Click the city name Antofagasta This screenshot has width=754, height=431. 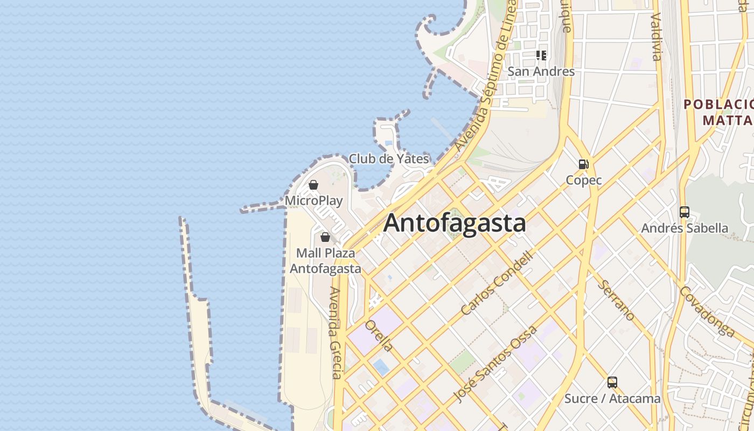pyautogui.click(x=455, y=223)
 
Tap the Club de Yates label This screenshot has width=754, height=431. pyautogui.click(x=389, y=159)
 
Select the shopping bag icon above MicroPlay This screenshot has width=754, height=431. pyautogui.click(x=313, y=185)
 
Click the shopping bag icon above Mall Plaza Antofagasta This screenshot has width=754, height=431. pyautogui.click(x=325, y=237)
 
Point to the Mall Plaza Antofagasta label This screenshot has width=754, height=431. pyautogui.click(x=325, y=261)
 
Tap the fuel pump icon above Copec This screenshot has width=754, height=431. pyautogui.click(x=583, y=164)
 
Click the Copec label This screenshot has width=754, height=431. pyautogui.click(x=583, y=180)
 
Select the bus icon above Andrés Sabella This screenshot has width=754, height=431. pyautogui.click(x=684, y=212)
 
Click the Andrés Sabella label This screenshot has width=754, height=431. pyautogui.click(x=684, y=228)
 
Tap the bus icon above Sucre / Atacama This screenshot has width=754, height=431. pyautogui.click(x=612, y=383)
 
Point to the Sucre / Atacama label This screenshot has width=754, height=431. pyautogui.click(x=612, y=399)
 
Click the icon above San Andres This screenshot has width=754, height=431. pyautogui.click(x=541, y=55)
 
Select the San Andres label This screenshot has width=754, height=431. pyautogui.click(x=541, y=72)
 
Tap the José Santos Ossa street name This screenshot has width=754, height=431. pyautogui.click(x=495, y=364)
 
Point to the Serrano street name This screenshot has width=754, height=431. pyautogui.click(x=618, y=300)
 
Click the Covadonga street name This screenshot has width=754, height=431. pyautogui.click(x=707, y=311)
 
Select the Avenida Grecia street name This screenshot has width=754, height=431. pyautogui.click(x=336, y=332)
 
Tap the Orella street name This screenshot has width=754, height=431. pyautogui.click(x=379, y=335)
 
